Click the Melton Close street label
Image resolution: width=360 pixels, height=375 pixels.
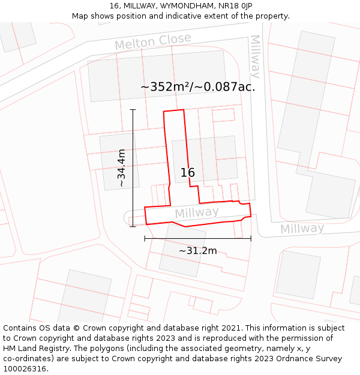[x=153, y=42]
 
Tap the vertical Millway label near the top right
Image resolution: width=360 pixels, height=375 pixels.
[x=255, y=56]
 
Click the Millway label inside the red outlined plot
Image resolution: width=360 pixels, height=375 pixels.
[x=197, y=213]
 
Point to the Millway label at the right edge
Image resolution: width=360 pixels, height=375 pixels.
[x=302, y=229]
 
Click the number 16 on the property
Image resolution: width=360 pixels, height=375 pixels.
[x=187, y=173]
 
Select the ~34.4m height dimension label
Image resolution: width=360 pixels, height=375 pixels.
[x=122, y=168]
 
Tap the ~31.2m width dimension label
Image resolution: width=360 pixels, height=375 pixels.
[x=197, y=251]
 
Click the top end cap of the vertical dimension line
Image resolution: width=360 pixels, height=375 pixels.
[x=133, y=110]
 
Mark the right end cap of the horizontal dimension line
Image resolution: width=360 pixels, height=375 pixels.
[x=251, y=239]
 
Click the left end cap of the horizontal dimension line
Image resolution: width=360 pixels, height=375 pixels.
[x=145, y=239]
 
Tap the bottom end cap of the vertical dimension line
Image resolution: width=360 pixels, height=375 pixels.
[x=133, y=226]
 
